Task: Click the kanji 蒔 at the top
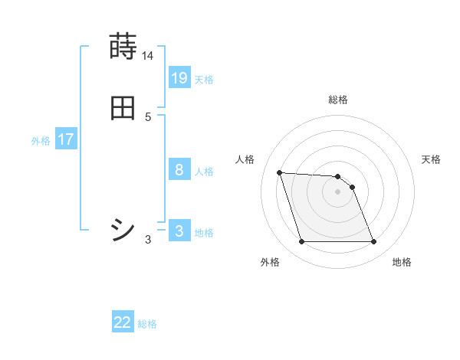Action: coord(123,47)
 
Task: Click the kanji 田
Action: coord(123,109)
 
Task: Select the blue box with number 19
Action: coord(179,78)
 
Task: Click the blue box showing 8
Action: coord(179,170)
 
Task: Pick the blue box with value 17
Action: coord(66,139)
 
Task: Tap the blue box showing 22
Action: coord(123,322)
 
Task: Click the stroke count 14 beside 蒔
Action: coord(148,56)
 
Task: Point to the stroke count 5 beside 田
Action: coord(148,117)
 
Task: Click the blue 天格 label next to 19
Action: coord(204,80)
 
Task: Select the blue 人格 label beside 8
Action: coord(204,172)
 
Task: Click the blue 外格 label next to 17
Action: coord(41,141)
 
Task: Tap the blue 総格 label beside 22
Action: coord(147,324)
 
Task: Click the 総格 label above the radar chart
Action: coord(338,100)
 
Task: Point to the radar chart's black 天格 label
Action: coord(432,159)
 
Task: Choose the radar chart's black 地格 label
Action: coord(402,262)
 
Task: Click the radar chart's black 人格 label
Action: coord(245,159)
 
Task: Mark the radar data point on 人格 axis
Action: coord(280,173)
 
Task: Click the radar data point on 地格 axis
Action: coord(374,242)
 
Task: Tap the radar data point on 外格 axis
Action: coord(301,242)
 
